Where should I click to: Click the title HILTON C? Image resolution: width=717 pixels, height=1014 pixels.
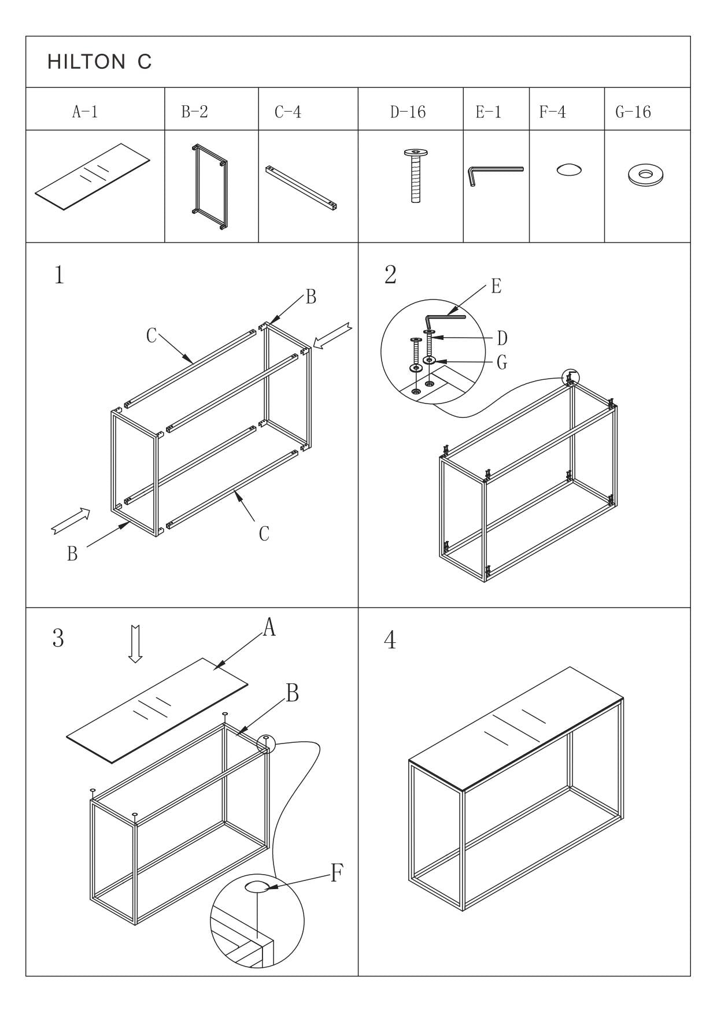[x=99, y=62]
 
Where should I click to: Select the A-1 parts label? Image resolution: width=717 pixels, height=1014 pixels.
[x=84, y=112]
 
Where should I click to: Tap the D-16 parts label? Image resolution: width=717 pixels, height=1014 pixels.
[x=408, y=112]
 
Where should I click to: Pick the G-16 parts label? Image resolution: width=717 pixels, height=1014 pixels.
[x=633, y=112]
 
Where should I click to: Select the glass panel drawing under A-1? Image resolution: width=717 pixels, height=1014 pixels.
[x=92, y=177]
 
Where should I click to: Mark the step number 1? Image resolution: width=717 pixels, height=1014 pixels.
[x=59, y=276]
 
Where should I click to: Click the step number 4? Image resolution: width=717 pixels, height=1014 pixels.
[x=390, y=641]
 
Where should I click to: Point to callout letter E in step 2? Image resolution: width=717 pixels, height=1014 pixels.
[x=496, y=286]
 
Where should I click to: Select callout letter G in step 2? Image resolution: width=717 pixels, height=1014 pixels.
[x=502, y=363]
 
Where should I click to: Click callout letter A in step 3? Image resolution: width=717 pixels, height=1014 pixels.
[x=269, y=627]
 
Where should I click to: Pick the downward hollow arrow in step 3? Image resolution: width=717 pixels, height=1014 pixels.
[x=135, y=643]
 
